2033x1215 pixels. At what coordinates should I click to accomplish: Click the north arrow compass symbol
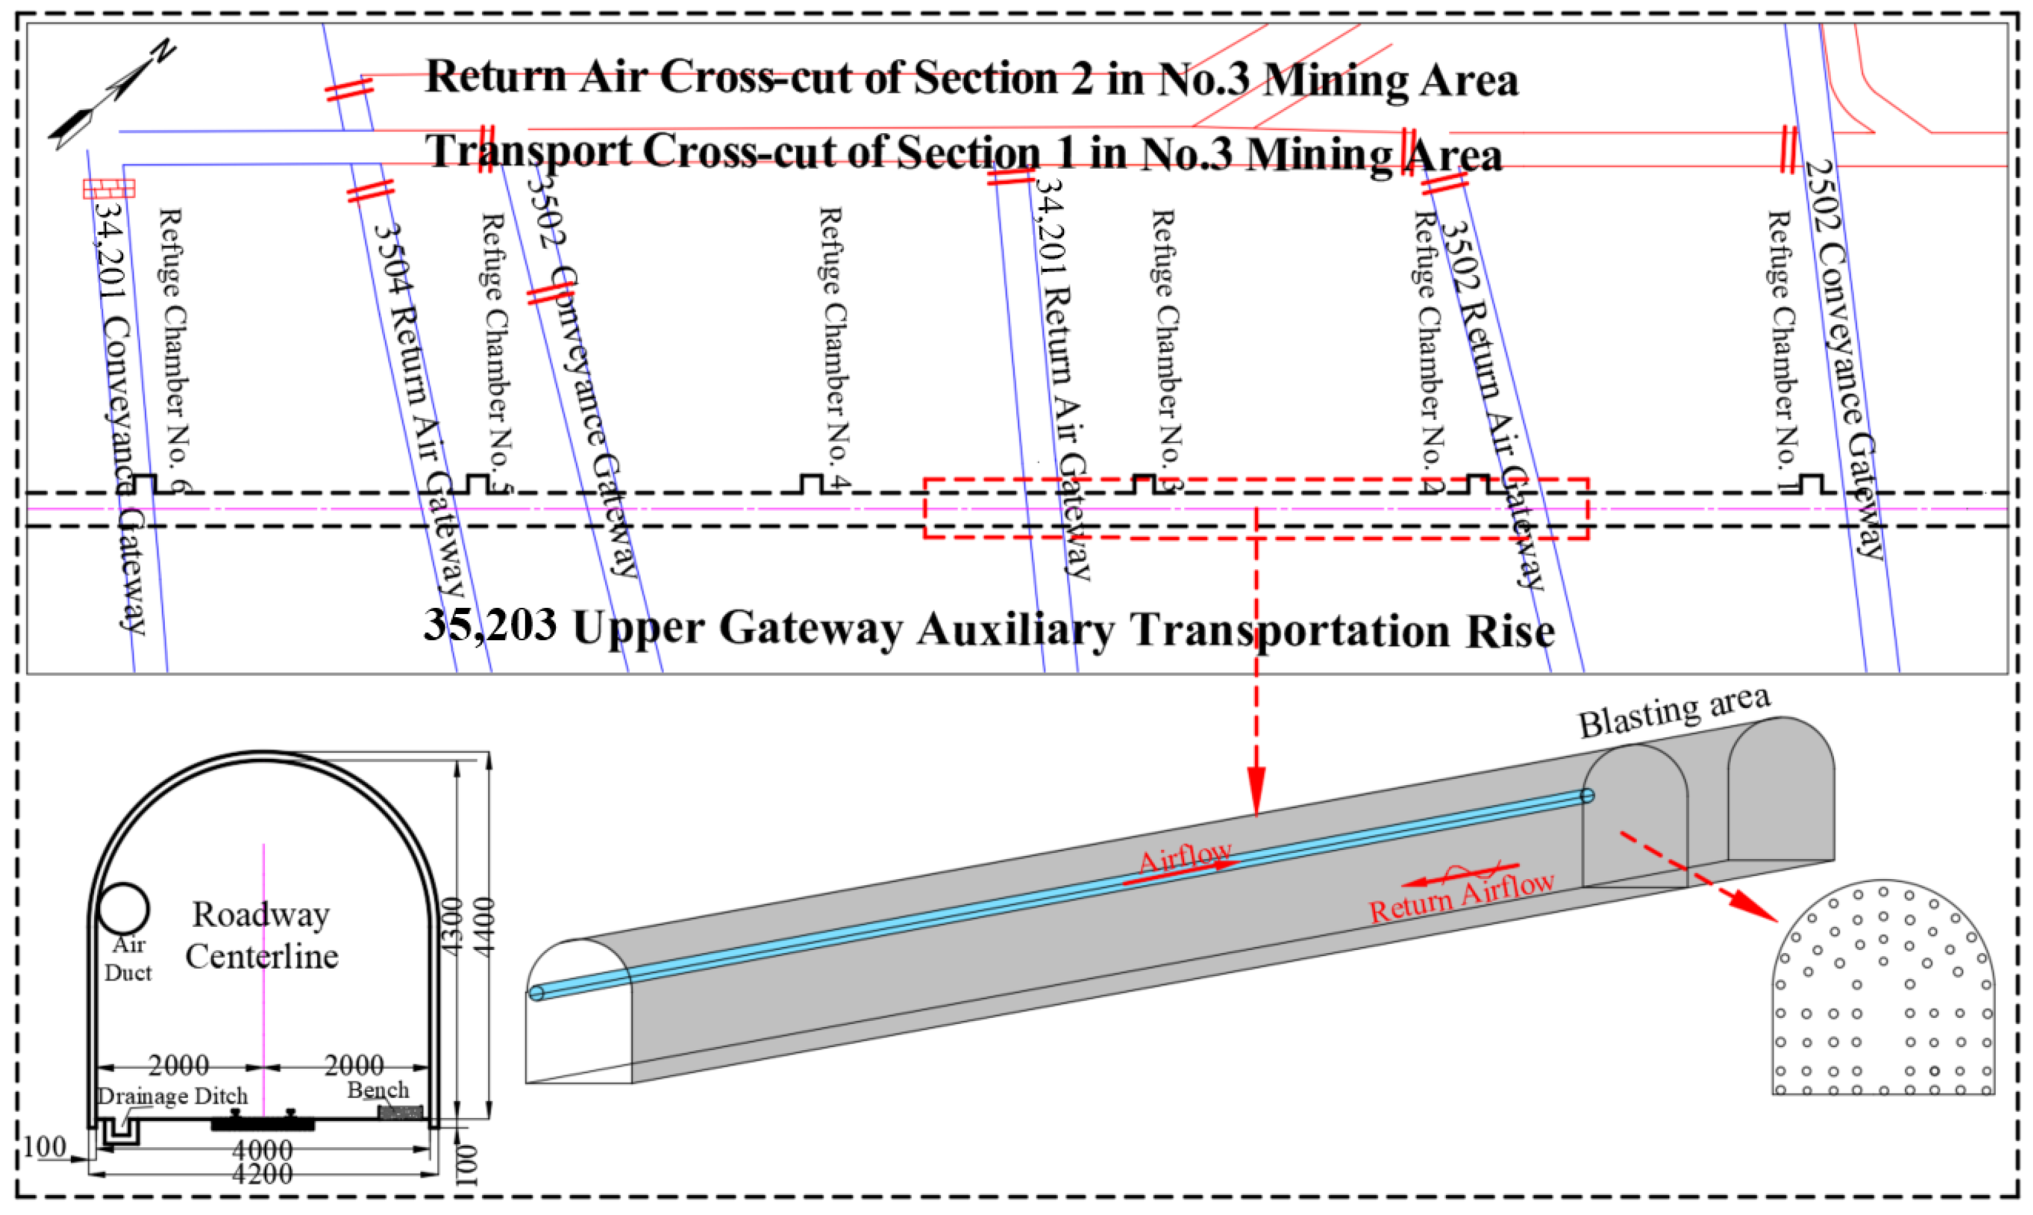point(111,94)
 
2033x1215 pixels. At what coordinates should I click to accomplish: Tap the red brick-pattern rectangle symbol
point(109,189)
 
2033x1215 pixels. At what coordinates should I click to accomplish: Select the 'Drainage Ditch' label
point(172,1096)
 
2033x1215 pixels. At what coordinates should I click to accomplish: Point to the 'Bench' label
point(377,1090)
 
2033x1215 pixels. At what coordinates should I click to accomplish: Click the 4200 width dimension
point(262,1174)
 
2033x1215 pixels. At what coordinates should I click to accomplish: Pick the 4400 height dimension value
point(483,925)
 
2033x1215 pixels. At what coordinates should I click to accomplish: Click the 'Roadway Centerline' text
point(261,935)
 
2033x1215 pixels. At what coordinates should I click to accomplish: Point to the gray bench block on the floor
point(401,1111)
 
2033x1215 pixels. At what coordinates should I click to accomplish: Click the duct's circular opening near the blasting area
point(1587,795)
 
